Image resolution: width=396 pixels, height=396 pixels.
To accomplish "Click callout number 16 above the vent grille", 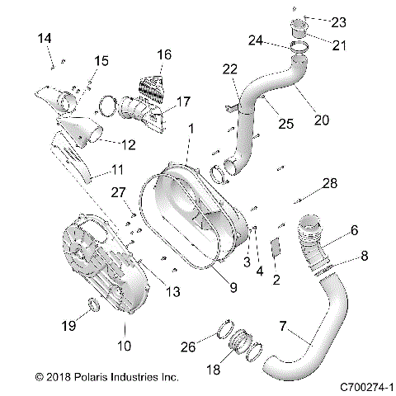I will point(165,54).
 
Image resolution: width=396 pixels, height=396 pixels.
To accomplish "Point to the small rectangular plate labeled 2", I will point(277,248).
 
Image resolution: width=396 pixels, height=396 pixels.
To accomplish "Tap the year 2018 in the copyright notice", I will point(59,376).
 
